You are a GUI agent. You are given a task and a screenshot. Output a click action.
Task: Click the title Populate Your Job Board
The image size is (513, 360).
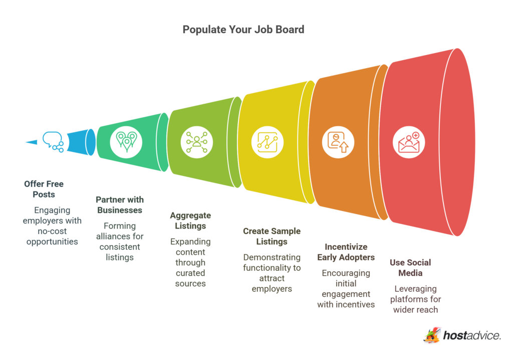click(x=243, y=30)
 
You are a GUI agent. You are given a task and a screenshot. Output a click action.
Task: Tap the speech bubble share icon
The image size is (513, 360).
click(x=53, y=142)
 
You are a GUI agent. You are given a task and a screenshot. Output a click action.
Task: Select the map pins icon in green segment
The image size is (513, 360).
click(x=126, y=142)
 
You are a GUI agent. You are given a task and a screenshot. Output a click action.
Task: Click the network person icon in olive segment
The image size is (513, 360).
click(x=197, y=142)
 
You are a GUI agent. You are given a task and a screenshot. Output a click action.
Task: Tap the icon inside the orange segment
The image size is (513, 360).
click(x=338, y=142)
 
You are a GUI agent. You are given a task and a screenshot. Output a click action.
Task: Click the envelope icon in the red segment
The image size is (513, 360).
click(x=409, y=142)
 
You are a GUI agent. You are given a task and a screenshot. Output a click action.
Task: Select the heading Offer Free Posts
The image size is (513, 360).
click(x=44, y=189)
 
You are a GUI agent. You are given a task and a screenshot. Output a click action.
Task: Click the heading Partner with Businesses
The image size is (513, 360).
click(x=120, y=205)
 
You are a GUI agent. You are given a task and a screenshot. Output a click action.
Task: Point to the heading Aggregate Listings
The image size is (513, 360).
click(x=190, y=221)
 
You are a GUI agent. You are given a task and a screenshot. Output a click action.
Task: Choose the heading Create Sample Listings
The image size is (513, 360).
click(x=272, y=236)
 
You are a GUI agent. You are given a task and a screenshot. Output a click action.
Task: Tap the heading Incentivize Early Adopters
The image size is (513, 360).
click(x=346, y=252)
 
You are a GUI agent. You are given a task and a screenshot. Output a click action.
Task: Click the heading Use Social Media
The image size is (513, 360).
click(x=410, y=268)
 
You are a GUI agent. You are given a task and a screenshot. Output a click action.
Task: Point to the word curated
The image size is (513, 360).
click(x=190, y=273)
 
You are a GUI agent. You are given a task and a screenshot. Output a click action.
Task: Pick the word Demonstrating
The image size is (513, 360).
click(x=272, y=257)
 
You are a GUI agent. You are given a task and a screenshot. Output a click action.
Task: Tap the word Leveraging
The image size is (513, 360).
click(x=415, y=289)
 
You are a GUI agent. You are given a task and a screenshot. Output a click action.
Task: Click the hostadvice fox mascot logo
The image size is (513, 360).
click(x=431, y=335)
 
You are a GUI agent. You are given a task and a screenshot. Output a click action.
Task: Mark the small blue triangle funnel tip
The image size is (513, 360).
click(x=32, y=142)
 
